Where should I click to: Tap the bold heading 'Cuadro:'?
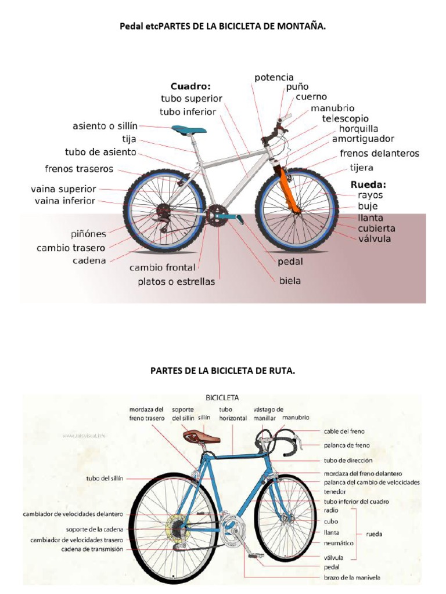tap(190, 86)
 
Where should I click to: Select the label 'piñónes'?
tap(89, 234)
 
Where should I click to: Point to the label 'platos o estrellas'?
tap(176, 282)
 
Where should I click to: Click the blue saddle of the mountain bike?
tap(188, 129)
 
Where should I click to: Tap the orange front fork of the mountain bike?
tap(289, 188)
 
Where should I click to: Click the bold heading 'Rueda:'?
tap(368, 184)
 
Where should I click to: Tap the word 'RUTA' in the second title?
tap(282, 370)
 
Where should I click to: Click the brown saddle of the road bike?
tap(196, 436)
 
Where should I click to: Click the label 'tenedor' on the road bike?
tap(336, 491)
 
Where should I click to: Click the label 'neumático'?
tap(339, 544)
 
